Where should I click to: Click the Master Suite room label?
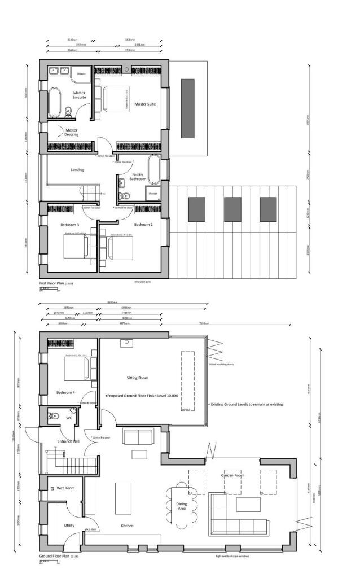144,104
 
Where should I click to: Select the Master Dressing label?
72,133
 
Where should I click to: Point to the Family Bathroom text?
138,177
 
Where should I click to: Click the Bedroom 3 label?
69,224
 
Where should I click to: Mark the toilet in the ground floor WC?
55,416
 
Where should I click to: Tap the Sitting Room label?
138,378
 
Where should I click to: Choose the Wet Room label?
66,488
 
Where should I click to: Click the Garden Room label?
232,476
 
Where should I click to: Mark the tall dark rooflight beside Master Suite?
187,108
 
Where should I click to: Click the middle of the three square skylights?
232,209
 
